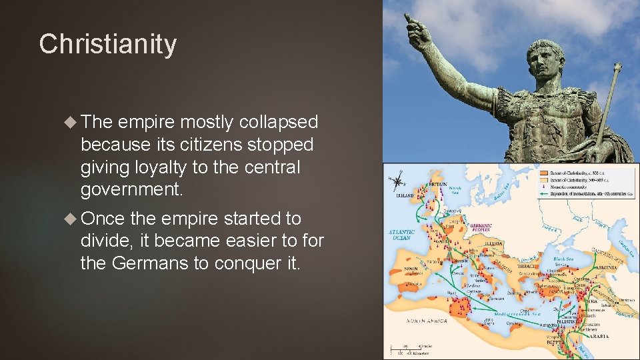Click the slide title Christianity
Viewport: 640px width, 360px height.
(108, 45)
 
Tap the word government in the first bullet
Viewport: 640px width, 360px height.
(131, 189)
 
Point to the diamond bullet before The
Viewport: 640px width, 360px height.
(71, 122)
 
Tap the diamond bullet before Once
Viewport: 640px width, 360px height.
(71, 219)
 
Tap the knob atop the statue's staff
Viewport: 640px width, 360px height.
(618, 67)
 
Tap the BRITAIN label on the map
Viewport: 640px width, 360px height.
(437, 183)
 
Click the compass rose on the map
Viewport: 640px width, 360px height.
(399, 180)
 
